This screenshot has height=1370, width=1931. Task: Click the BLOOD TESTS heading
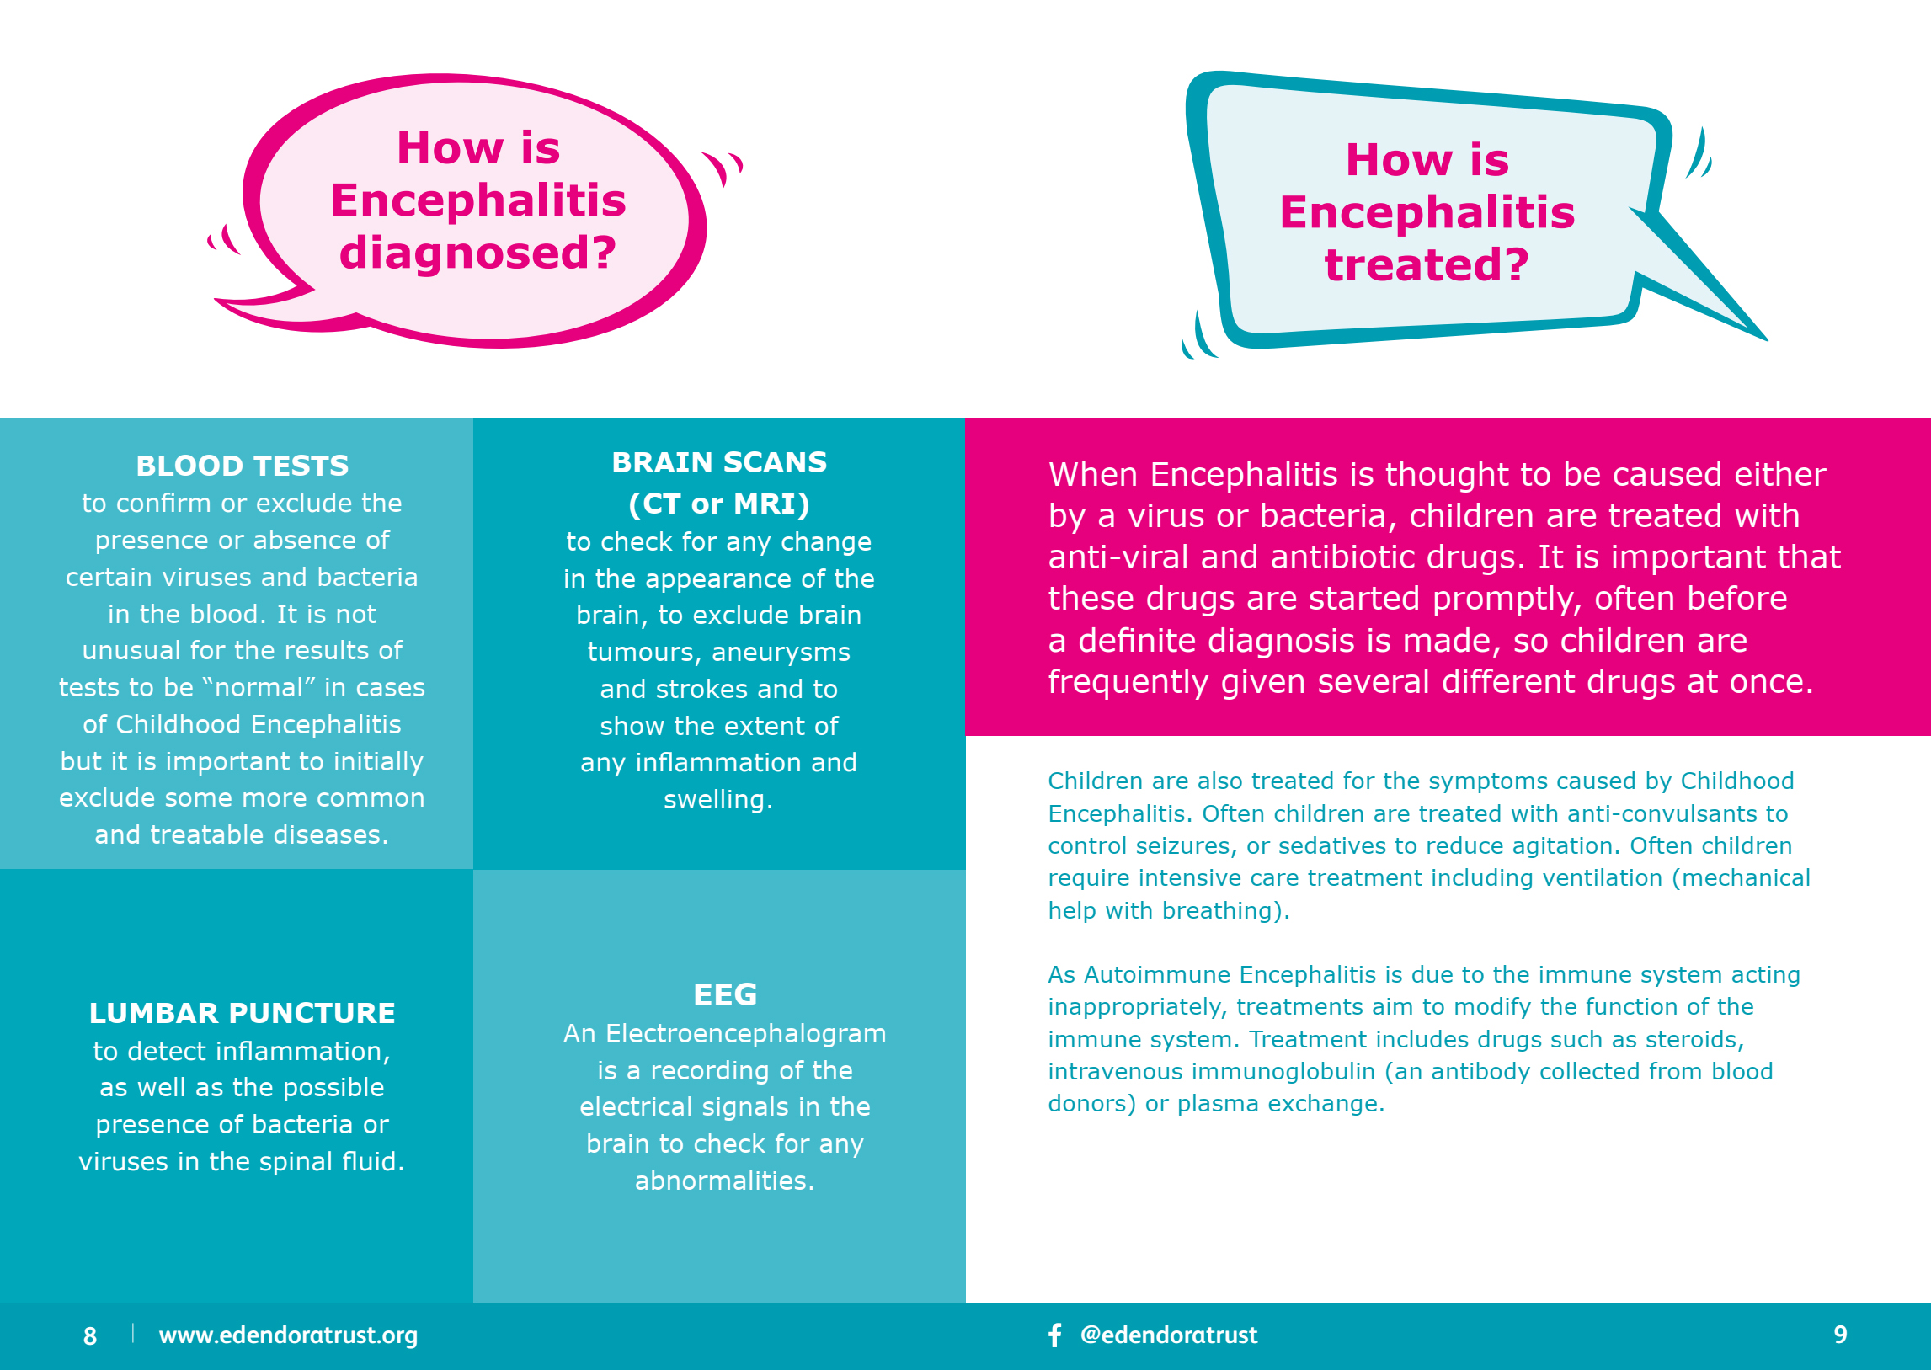[x=243, y=465]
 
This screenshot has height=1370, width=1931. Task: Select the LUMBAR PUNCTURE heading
[x=243, y=1012]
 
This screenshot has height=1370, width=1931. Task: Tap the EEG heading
[x=725, y=994]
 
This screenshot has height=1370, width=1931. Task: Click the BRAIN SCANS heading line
[x=718, y=462]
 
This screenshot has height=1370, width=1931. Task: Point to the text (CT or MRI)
[x=718, y=504]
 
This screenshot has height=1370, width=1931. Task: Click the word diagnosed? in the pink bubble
[x=477, y=253]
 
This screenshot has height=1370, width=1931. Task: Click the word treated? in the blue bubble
[x=1427, y=264]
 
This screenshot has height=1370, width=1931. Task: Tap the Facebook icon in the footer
[x=1054, y=1335]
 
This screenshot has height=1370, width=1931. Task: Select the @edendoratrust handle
[x=1168, y=1335]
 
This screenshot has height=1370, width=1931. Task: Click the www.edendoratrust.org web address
[x=288, y=1335]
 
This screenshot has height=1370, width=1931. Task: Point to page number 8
[x=90, y=1335]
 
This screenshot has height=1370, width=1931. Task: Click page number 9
[x=1840, y=1335]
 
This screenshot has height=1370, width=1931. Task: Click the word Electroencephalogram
[x=746, y=1033]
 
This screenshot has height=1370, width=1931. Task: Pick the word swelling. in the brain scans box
[x=717, y=799]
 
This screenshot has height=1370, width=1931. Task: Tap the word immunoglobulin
[x=1267, y=1071]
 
